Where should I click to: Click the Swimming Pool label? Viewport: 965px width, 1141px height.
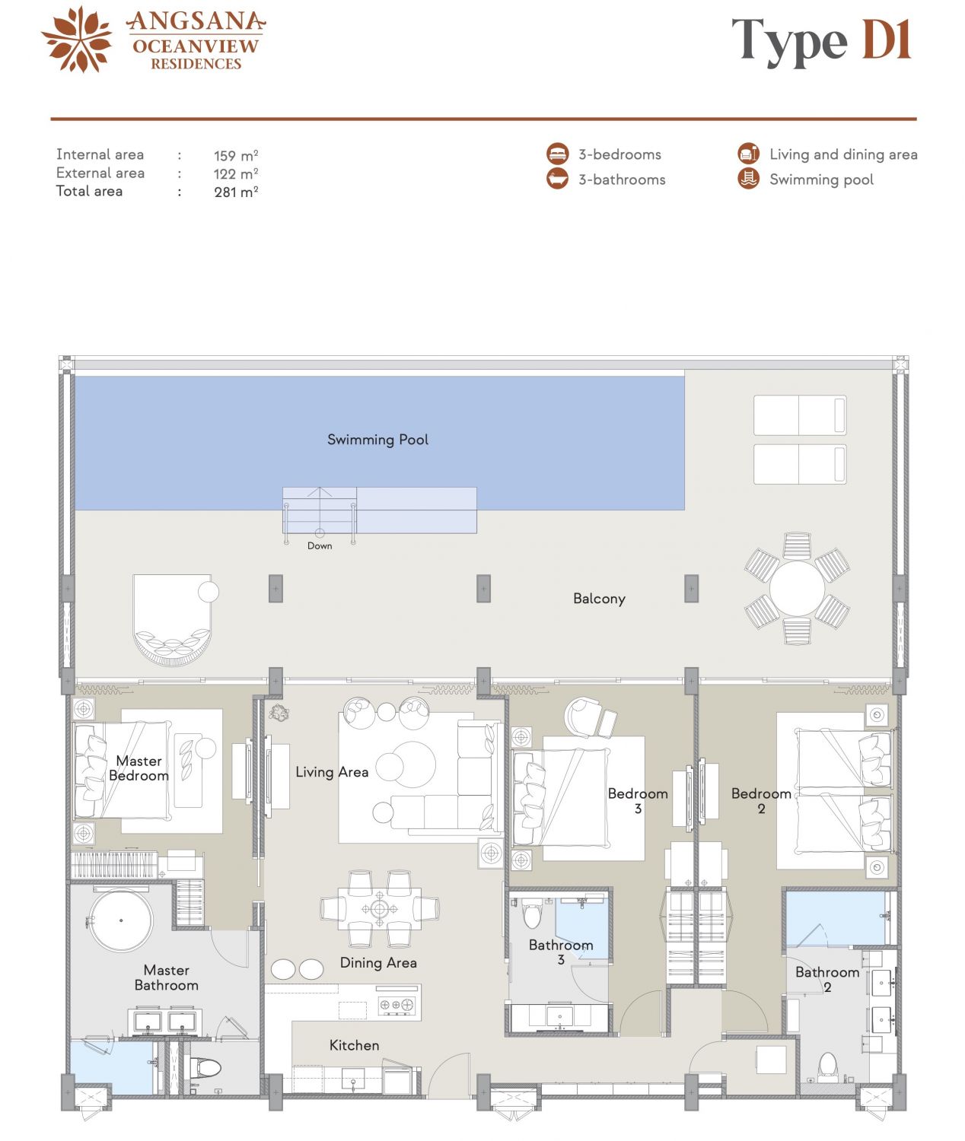tap(377, 440)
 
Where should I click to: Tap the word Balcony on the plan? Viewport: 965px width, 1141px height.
tap(599, 599)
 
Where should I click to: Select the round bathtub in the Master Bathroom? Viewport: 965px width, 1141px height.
tap(121, 920)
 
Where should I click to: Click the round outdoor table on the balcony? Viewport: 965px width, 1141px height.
tap(797, 589)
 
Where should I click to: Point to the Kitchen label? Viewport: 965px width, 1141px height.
tap(354, 1045)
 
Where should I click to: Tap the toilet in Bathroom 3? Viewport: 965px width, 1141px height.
tap(532, 913)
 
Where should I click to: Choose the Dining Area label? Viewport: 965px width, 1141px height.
tap(378, 963)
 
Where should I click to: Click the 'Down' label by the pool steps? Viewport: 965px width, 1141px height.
tap(320, 545)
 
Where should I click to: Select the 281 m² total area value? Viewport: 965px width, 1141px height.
tap(236, 192)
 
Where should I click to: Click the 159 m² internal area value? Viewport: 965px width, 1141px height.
tap(236, 155)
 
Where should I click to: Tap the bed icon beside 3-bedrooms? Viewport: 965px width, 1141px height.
tap(557, 154)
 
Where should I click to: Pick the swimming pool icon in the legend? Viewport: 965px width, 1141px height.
tap(748, 179)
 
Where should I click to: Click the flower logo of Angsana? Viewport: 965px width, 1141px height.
tap(77, 40)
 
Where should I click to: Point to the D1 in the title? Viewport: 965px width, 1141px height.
tap(886, 40)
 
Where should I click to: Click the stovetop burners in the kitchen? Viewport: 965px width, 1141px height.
tap(396, 1005)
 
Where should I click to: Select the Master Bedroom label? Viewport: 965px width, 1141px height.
tap(139, 768)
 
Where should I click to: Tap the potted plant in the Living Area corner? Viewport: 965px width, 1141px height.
tap(279, 713)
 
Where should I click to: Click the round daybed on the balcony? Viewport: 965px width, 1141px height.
tap(172, 620)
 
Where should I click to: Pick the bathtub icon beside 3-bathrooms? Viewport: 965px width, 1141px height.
tap(557, 179)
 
